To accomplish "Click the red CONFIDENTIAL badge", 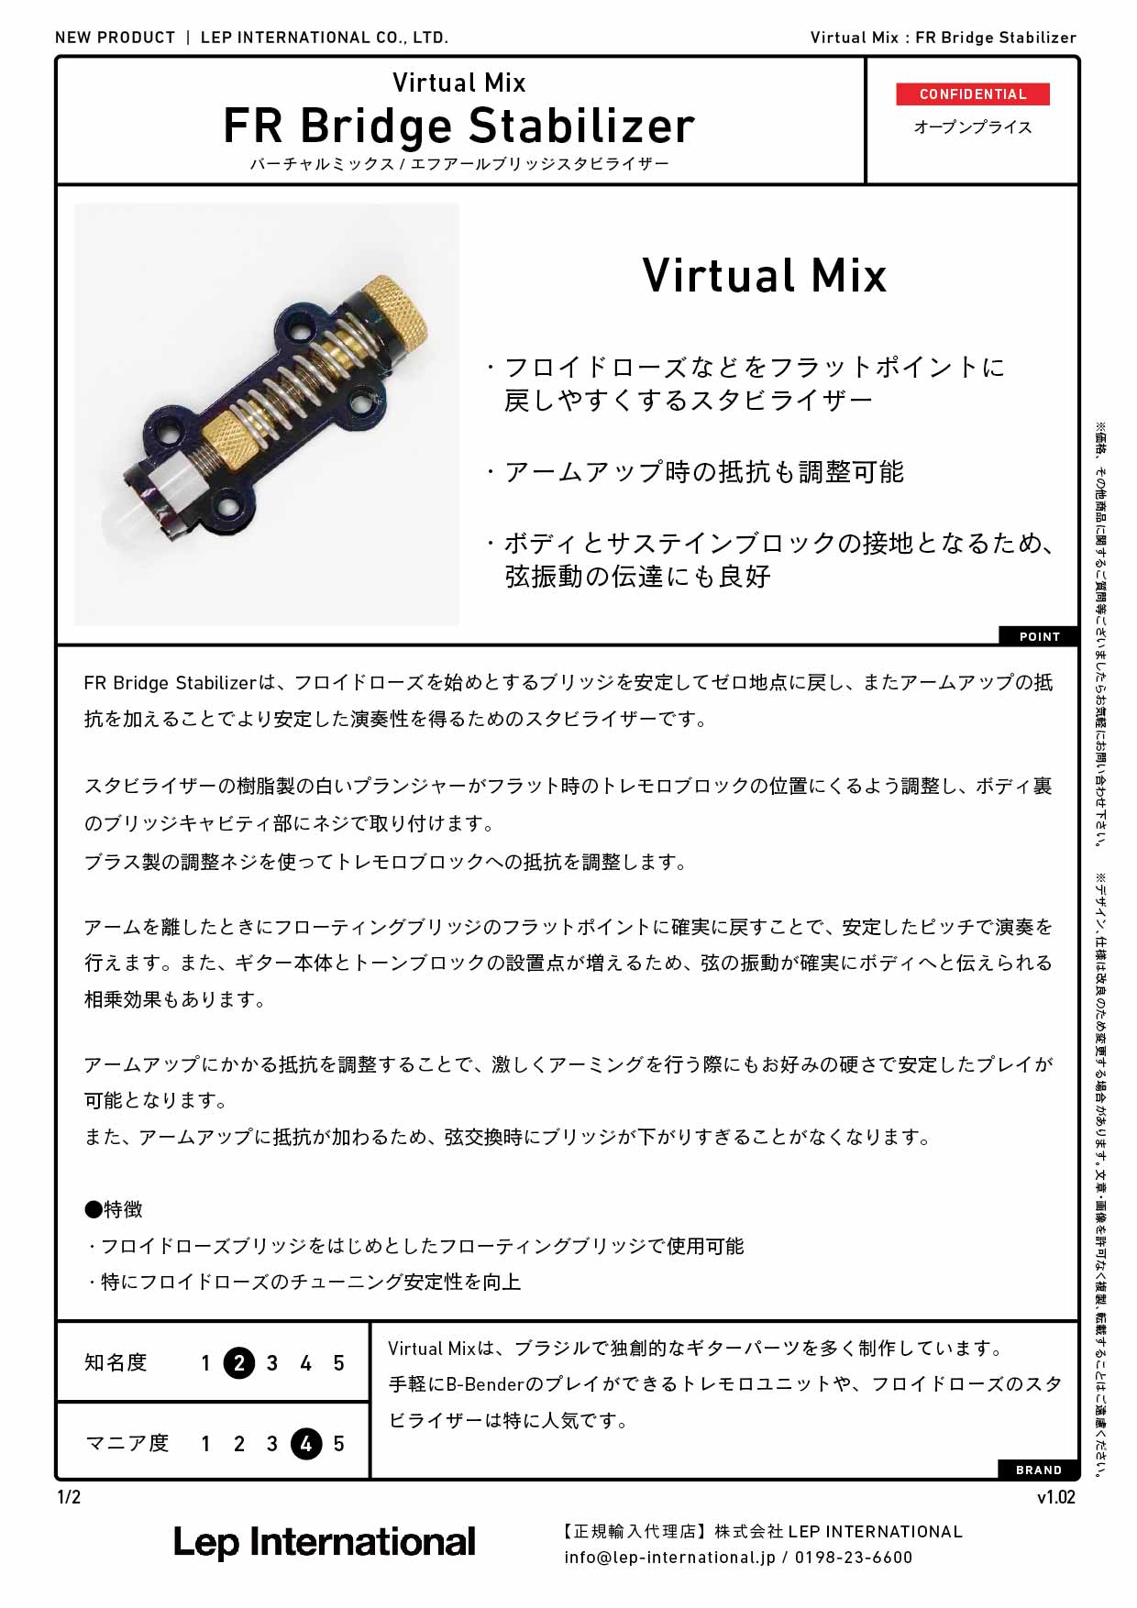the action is (973, 94).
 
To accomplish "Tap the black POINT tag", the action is (1039, 636).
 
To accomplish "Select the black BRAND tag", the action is (1038, 1470).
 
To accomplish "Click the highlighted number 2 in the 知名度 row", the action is (239, 1363).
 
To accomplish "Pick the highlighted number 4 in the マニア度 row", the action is (306, 1444).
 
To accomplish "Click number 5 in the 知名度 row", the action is (339, 1363).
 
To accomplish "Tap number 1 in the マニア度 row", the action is (205, 1444).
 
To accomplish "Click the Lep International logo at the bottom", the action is (325, 1543).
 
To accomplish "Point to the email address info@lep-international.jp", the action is (670, 1558).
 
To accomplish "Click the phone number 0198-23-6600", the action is (854, 1558).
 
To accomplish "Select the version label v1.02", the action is (1056, 1497).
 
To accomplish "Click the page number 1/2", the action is (69, 1497).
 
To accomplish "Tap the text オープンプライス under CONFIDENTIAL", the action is (973, 127).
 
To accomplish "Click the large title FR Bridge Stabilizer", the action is (459, 126).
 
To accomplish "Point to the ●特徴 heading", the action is (114, 1209).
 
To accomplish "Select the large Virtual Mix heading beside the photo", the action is (765, 275).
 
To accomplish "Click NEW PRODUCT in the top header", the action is (115, 38).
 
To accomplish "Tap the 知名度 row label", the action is (116, 1363).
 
